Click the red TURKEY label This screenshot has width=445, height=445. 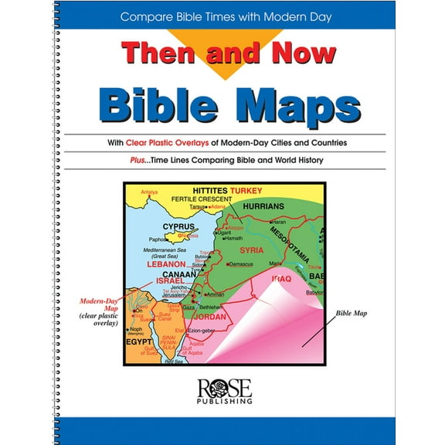245,190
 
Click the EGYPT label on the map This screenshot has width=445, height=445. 139,341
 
